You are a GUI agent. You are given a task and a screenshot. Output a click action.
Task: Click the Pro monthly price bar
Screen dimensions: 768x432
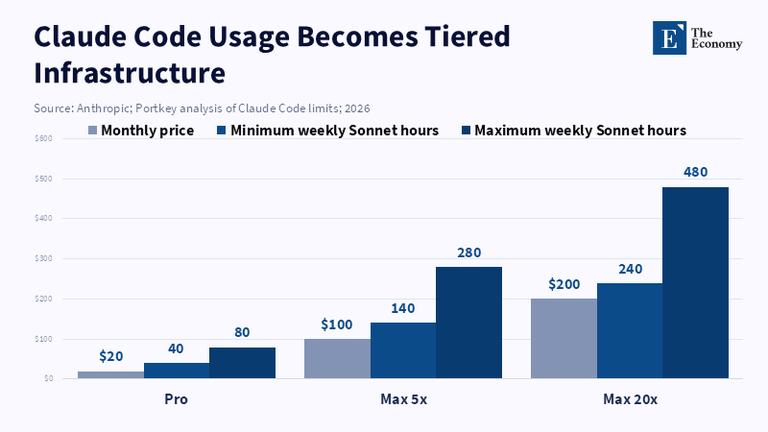(x=110, y=374)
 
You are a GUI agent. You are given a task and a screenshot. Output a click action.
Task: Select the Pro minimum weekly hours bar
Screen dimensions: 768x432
(x=177, y=371)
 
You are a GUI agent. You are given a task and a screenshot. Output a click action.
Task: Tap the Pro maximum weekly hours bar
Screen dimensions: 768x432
(x=243, y=363)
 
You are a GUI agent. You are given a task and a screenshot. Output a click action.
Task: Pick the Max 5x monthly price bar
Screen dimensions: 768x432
(x=338, y=358)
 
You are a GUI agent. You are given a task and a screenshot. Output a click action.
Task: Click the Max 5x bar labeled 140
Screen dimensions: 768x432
(x=403, y=350)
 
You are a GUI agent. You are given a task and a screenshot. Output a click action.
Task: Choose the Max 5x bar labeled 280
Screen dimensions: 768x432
(x=468, y=323)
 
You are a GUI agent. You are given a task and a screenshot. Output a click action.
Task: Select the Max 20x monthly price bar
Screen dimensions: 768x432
(x=564, y=339)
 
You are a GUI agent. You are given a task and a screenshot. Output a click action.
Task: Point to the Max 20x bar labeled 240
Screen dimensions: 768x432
(x=630, y=330)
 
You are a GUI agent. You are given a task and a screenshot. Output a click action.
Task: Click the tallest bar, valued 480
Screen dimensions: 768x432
(x=695, y=282)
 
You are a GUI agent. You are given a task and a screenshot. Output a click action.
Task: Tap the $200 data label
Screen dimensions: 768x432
(x=564, y=284)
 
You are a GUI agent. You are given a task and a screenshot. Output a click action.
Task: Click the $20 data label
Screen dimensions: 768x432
(x=111, y=356)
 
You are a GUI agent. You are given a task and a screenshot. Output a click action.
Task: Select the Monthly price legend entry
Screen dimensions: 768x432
(x=141, y=131)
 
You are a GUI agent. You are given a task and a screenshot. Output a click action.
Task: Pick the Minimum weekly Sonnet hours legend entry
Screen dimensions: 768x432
(x=327, y=131)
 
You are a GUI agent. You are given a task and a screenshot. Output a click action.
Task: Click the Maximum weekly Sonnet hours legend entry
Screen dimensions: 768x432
(x=574, y=131)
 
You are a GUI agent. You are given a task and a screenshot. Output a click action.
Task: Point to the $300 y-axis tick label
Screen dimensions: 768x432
(x=43, y=258)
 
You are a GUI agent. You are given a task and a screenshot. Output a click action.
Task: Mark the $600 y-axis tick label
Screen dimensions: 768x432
(x=43, y=138)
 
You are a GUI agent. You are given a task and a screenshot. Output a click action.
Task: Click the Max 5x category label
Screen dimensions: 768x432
(x=403, y=399)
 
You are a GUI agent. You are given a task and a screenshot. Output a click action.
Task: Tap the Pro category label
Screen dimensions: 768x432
(x=177, y=399)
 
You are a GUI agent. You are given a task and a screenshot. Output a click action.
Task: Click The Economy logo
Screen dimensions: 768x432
(x=698, y=37)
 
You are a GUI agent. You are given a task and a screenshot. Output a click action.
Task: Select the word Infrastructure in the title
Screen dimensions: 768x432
(x=130, y=73)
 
